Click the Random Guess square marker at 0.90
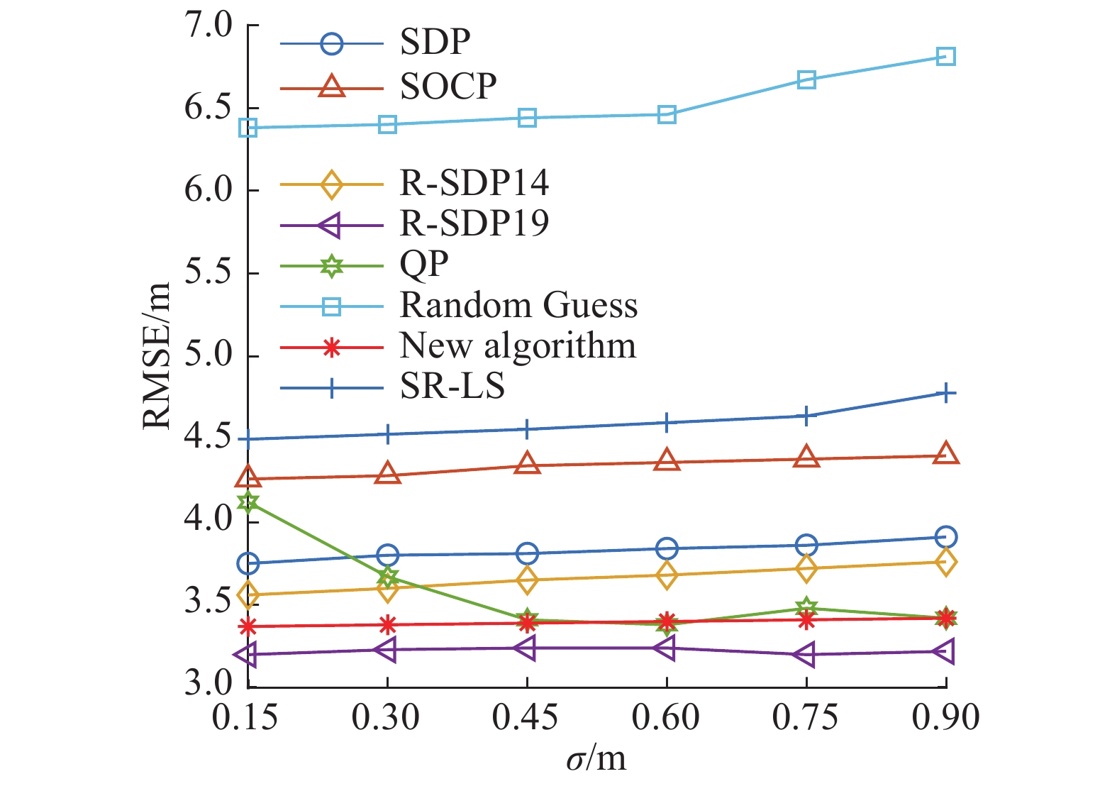tap(945, 57)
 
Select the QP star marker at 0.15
tap(248, 502)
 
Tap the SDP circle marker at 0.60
tap(667, 548)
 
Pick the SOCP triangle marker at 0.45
tap(527, 465)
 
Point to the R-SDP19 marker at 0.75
tap(804, 655)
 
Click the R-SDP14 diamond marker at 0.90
tap(945, 562)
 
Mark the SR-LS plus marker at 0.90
tap(945, 393)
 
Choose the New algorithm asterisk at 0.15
tap(248, 626)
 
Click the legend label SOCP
tap(448, 87)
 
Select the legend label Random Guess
tap(518, 306)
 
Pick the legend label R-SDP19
tap(474, 223)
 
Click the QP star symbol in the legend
tap(331, 266)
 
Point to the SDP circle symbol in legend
tap(331, 44)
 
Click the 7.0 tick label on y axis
tap(209, 26)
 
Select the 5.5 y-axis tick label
tap(209, 274)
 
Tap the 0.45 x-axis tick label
tap(526, 718)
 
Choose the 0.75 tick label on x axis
tap(805, 718)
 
